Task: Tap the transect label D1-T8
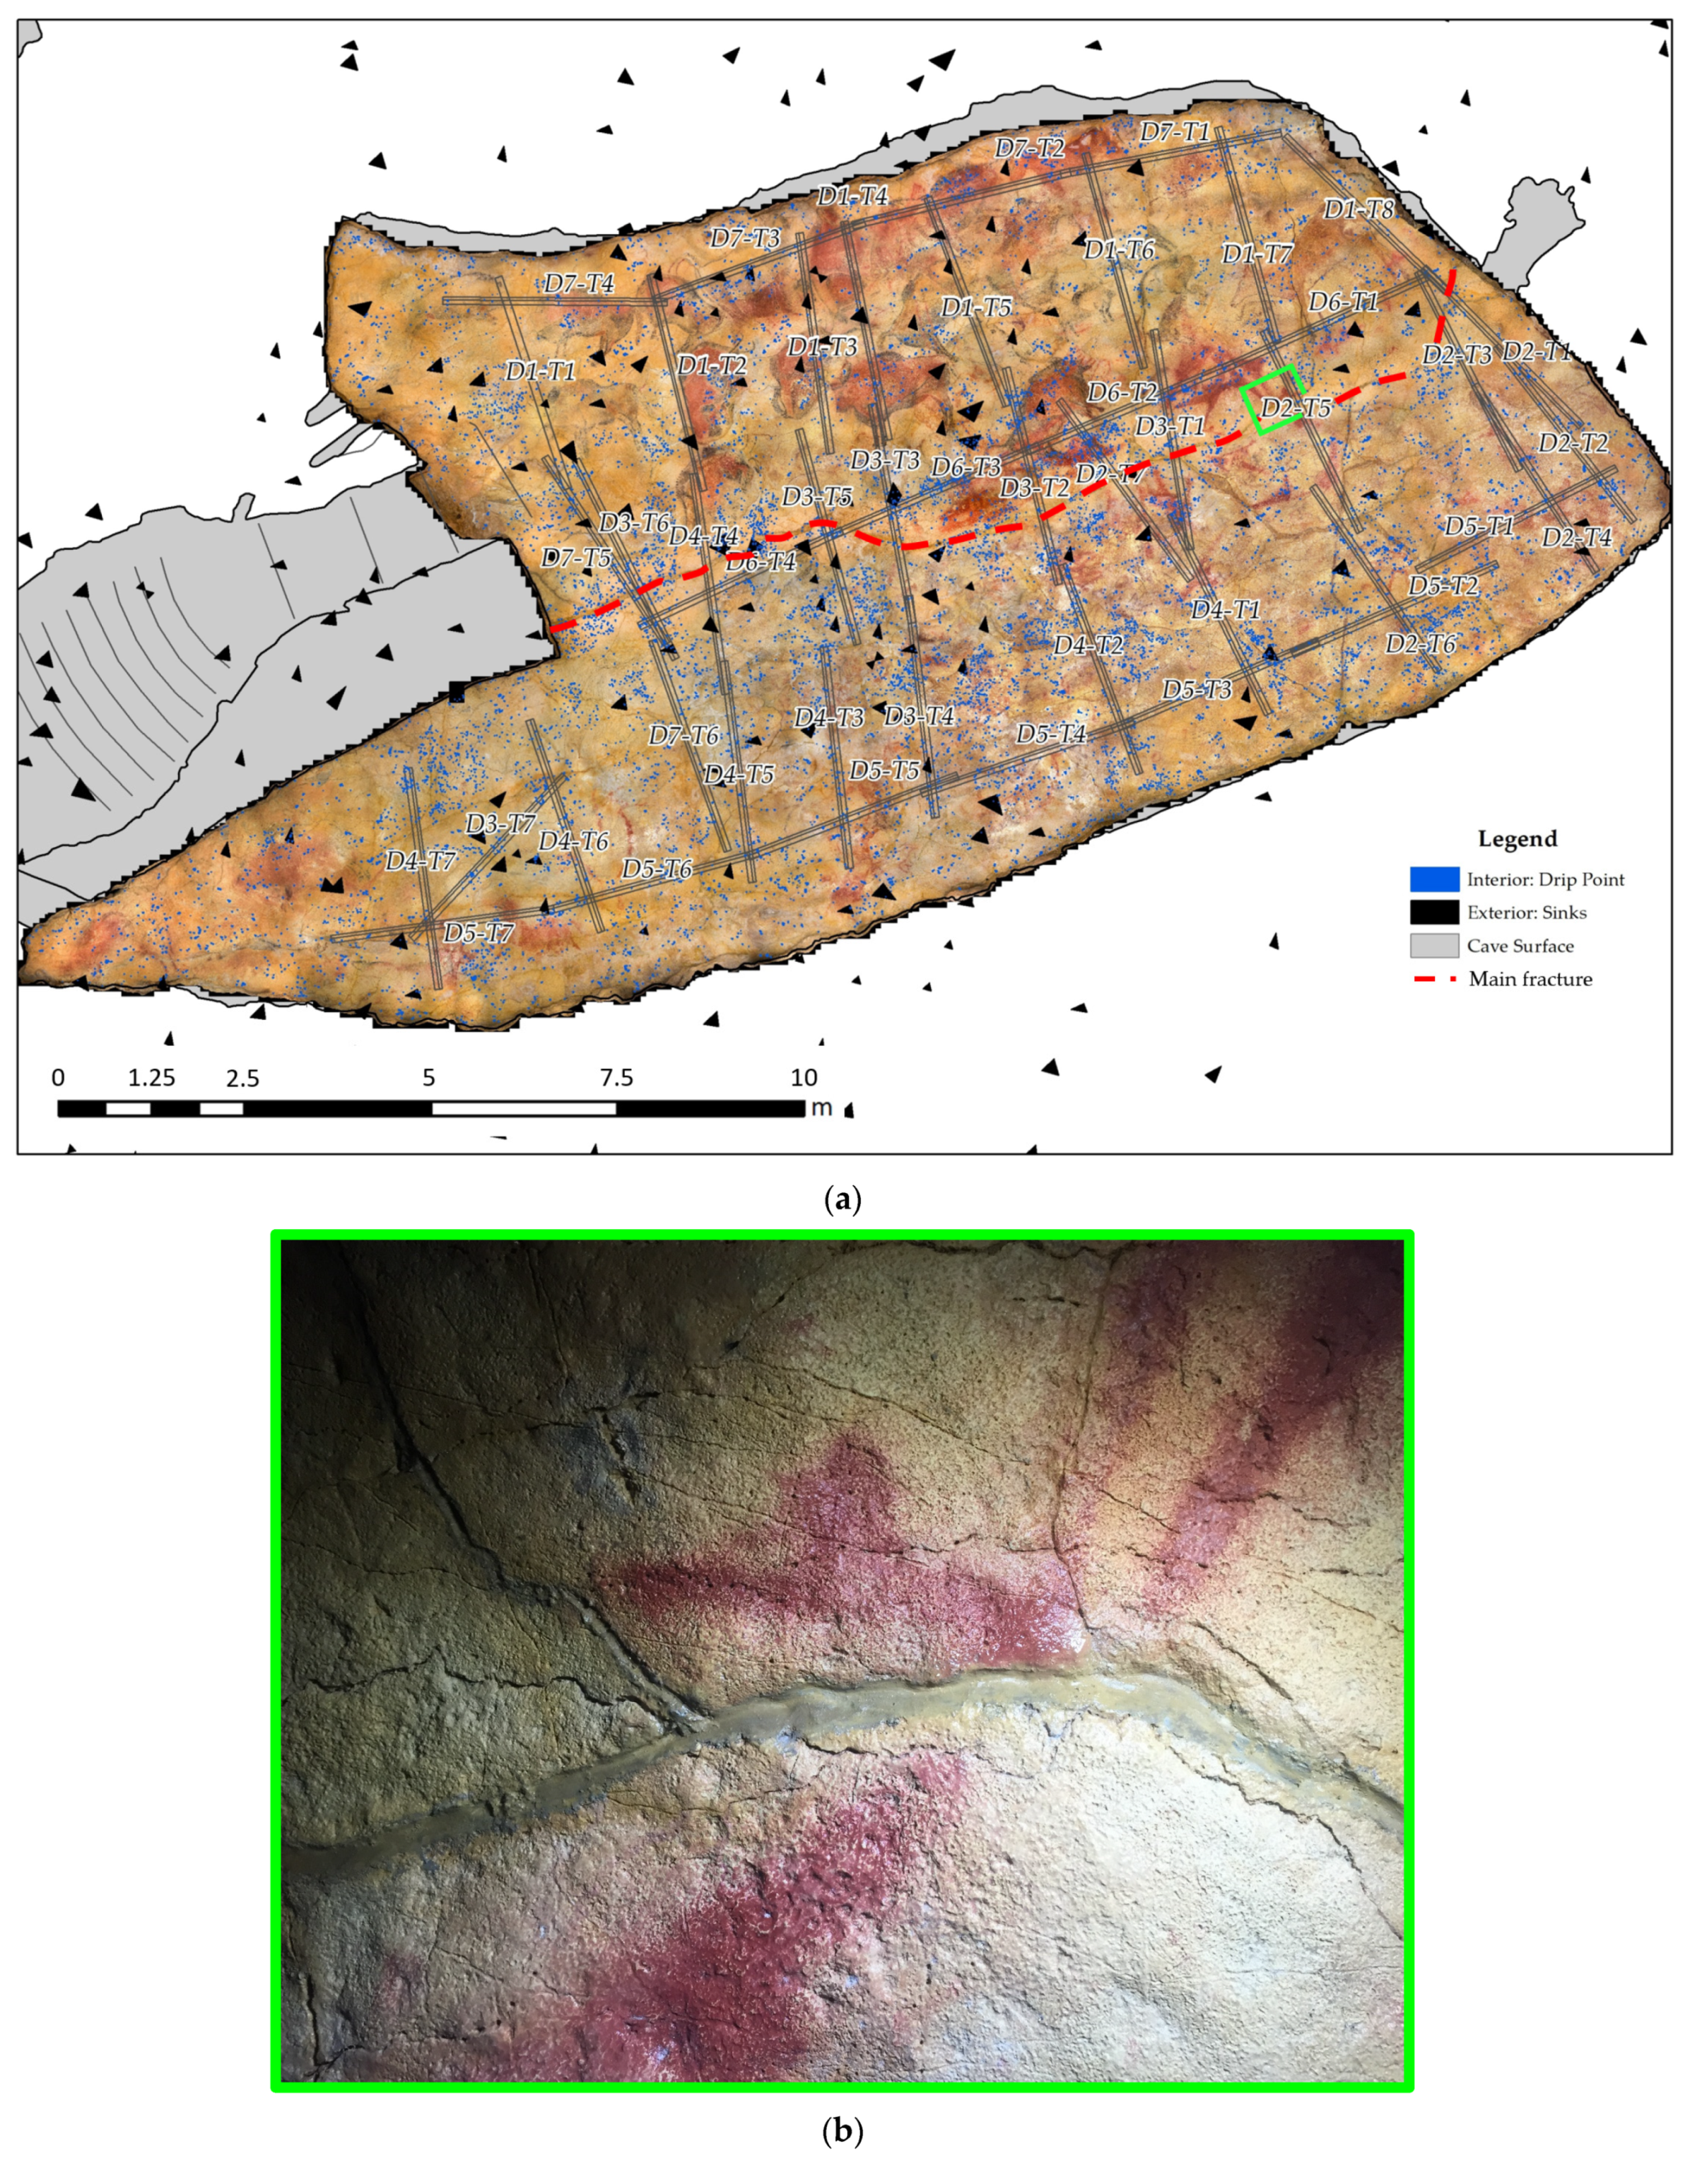pyautogui.click(x=1358, y=209)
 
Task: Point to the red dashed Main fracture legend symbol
pyautogui.click(x=1434, y=980)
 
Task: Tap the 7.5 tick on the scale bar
pyautogui.click(x=616, y=1078)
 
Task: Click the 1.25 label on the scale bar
pyautogui.click(x=151, y=1078)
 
